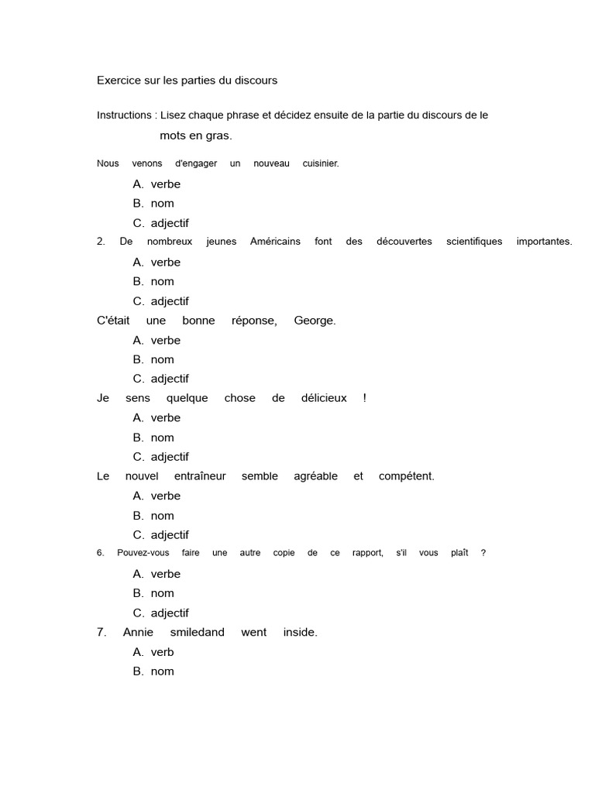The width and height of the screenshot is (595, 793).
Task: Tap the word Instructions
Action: coord(124,115)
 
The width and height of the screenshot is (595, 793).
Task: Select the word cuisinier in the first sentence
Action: coord(321,163)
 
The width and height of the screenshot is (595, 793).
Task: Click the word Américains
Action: coord(275,242)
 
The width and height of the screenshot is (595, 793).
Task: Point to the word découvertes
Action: coord(404,242)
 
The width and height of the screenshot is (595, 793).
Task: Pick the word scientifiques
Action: coord(474,242)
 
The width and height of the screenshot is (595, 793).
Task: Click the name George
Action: coord(315,321)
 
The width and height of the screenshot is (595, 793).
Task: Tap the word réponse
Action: coord(254,321)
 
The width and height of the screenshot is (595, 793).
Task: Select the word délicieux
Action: coord(325,398)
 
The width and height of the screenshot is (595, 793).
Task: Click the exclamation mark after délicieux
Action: coord(364,398)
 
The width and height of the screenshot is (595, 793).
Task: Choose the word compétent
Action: coord(406,476)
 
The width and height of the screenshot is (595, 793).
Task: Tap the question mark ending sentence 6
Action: coord(483,553)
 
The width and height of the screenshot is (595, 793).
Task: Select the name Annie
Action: coord(137,633)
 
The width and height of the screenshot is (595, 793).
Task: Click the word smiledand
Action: coord(197,633)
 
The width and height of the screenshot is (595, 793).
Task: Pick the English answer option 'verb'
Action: coord(163,652)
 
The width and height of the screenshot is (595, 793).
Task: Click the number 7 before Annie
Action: coord(101,633)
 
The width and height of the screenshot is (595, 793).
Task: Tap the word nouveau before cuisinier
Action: coord(271,163)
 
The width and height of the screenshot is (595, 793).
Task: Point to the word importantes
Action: coord(544,242)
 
